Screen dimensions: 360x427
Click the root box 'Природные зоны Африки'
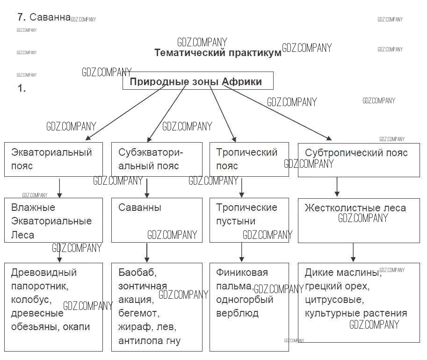(x=197, y=81)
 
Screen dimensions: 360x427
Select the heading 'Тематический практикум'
(x=218, y=52)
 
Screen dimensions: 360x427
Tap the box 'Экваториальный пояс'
(x=53, y=159)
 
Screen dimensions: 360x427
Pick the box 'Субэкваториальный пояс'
(x=157, y=159)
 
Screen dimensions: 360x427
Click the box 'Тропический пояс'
(x=249, y=159)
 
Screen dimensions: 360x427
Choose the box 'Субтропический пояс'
(x=359, y=160)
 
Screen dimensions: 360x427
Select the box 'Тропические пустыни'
(x=249, y=220)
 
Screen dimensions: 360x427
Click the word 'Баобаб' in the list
(x=137, y=272)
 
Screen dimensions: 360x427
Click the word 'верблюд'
(x=237, y=313)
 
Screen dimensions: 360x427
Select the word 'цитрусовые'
(x=334, y=299)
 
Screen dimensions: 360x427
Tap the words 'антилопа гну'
(x=149, y=340)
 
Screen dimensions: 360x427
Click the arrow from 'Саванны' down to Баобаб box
(x=147, y=252)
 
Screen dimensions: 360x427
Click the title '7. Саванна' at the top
(x=43, y=17)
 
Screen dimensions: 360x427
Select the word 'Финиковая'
(x=242, y=272)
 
